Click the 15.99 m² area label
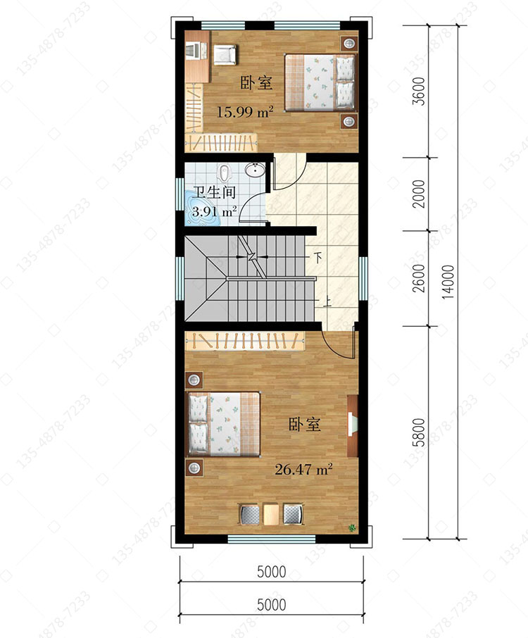click(244, 111)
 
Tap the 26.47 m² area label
click(303, 470)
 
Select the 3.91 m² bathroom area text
click(215, 212)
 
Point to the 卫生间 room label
click(215, 192)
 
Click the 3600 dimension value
click(419, 91)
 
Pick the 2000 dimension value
click(419, 194)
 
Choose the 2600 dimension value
click(419, 278)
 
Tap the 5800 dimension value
click(419, 432)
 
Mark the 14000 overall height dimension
click(448, 282)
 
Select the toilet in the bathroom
click(224, 173)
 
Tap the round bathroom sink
click(255, 169)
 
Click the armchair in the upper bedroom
click(225, 54)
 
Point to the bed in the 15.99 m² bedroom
click(320, 82)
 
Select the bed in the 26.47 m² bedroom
click(223, 424)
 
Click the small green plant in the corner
click(351, 528)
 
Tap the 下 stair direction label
click(318, 258)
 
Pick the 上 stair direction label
click(327, 301)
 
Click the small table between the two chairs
click(271, 514)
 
